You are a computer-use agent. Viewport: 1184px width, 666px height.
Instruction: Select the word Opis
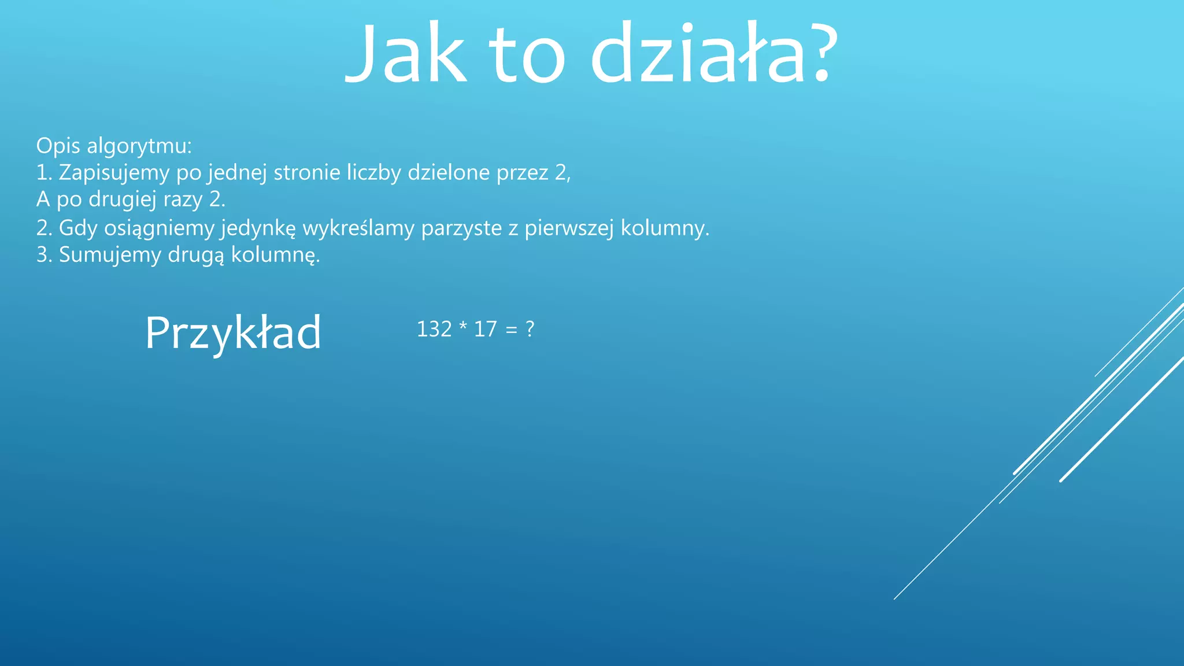(58, 146)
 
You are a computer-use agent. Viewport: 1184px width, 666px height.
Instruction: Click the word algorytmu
(139, 146)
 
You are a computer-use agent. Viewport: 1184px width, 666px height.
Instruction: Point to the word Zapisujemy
(114, 173)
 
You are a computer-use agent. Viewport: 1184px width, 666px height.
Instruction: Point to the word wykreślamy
(358, 228)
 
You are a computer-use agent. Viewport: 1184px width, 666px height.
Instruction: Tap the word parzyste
(461, 228)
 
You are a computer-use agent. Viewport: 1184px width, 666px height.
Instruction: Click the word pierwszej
(569, 228)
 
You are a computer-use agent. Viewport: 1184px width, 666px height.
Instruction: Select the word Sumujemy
(110, 255)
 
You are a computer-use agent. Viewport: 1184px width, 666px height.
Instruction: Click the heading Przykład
(233, 333)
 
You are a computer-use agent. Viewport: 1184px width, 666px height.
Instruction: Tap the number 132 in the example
(434, 330)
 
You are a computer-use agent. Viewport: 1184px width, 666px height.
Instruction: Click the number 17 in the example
(485, 330)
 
